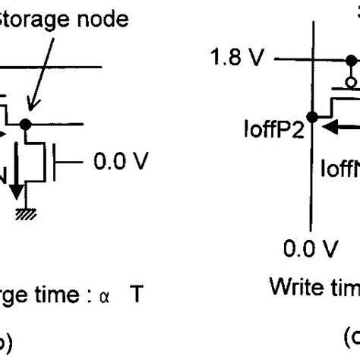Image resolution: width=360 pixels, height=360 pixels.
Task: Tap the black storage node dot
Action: tap(27, 123)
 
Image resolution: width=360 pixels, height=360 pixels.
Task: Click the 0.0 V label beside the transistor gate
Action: tap(121, 161)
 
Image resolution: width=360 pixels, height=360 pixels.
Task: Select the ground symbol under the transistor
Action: tap(27, 215)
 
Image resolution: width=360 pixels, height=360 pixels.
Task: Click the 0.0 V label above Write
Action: tap(309, 248)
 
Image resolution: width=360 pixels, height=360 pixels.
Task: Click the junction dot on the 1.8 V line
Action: tap(312, 59)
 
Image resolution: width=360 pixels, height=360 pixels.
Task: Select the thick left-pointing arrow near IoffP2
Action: tap(338, 128)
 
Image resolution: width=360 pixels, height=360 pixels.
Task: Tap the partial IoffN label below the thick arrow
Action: tap(341, 166)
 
